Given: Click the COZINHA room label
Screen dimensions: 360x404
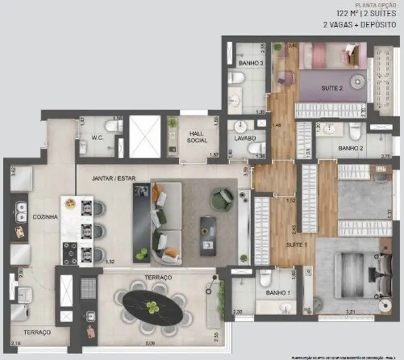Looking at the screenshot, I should tap(45, 217).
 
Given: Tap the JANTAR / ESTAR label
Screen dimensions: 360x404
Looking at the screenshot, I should tap(113, 178).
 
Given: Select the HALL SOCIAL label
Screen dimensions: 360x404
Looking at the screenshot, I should tap(198, 137).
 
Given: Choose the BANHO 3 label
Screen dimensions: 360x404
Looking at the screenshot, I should tap(251, 64).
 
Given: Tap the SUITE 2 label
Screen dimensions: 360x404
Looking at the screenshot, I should tap(333, 88).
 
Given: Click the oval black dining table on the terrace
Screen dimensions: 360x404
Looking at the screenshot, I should tap(153, 307).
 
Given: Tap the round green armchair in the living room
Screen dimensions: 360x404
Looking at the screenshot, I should tap(222, 198).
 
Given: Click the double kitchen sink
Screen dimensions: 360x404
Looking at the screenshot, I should tap(20, 209).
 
